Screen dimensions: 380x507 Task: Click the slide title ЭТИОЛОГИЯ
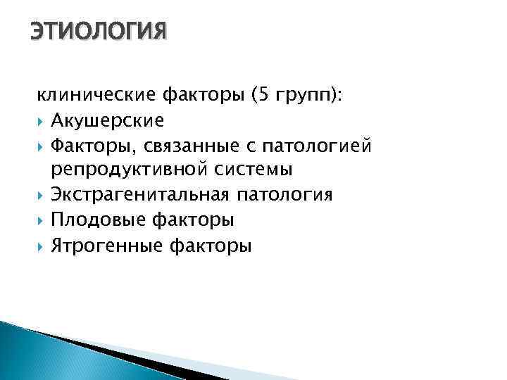[x=98, y=32]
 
